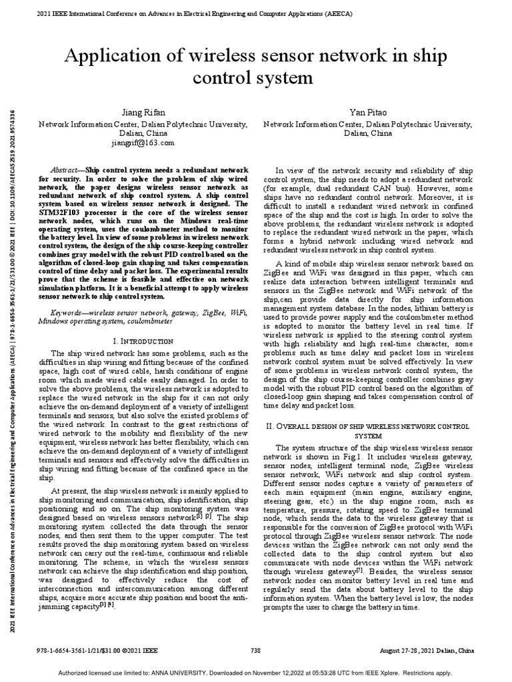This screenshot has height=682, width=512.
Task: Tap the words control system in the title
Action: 253,79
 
